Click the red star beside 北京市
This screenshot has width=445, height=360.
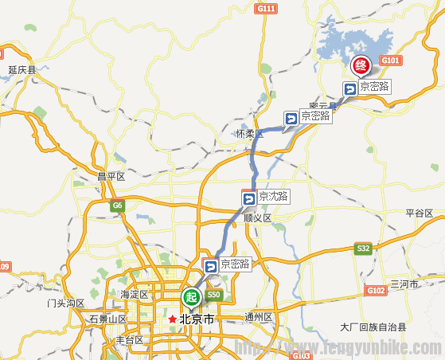171,319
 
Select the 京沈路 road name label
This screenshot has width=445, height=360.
275,197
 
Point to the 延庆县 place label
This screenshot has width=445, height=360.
22,70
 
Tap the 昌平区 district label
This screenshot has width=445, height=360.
111,176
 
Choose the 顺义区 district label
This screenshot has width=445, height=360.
258,217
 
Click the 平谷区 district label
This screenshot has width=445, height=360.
419,213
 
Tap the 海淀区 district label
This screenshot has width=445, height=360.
135,295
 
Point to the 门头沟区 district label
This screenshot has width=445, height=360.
65,303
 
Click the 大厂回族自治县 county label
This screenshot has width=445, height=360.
373,327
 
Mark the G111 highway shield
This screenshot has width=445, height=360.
266,9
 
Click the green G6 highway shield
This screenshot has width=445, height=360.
118,205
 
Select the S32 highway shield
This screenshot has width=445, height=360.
364,249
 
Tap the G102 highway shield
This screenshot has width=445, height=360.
377,291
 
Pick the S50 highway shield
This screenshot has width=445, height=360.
213,295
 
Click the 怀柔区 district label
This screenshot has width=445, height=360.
249,134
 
